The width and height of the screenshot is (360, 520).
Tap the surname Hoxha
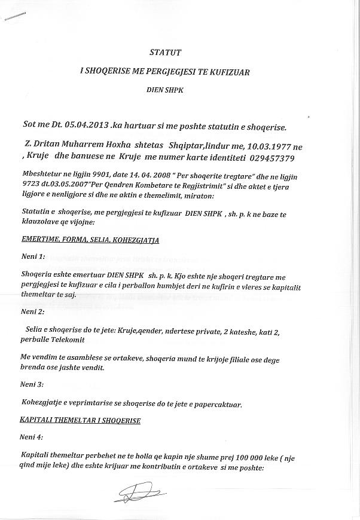click(114, 145)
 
